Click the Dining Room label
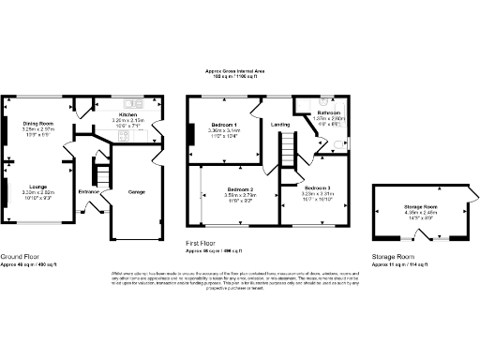39,123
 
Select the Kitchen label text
127,113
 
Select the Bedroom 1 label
223,125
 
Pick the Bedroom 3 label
317,188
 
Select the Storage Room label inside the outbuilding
422,206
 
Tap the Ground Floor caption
19,255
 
